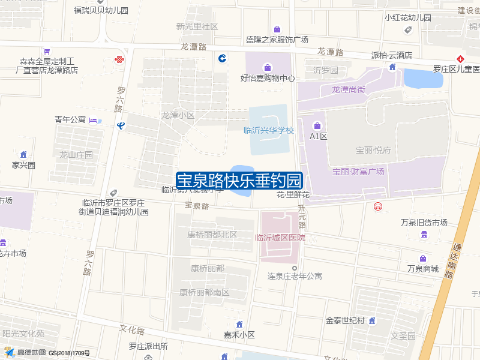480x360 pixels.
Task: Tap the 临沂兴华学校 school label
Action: click(269, 130)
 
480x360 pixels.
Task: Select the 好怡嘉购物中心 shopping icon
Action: click(267, 66)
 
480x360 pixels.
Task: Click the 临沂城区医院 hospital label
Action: click(280, 238)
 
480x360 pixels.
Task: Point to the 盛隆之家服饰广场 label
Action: click(277, 40)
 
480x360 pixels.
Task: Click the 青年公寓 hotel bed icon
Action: click(94, 121)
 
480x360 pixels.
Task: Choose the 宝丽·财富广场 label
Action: click(358, 172)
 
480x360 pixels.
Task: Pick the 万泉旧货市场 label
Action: click(424, 223)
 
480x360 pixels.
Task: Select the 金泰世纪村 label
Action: click(346, 320)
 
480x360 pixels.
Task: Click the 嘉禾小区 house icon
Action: click(239, 325)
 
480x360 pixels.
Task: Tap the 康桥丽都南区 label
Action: click(205, 292)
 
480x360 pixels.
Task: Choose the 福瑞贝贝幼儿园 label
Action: click(101, 11)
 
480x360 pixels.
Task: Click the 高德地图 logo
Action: click(25, 352)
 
